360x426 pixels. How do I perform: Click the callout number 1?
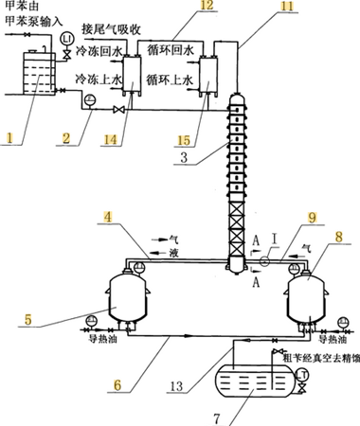[13, 137]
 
